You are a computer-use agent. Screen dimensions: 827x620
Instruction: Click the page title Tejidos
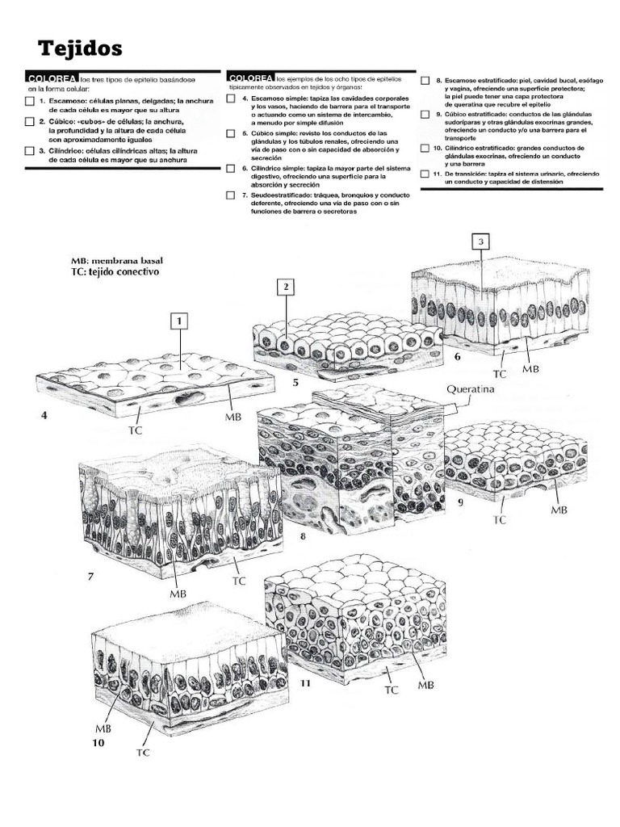(x=73, y=49)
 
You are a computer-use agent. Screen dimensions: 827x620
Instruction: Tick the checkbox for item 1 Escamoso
(x=29, y=101)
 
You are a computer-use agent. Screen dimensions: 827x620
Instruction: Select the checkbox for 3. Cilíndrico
(x=29, y=151)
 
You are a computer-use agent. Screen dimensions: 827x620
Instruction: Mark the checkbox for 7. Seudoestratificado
(x=231, y=195)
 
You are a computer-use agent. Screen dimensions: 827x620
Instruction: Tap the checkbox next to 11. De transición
(x=425, y=174)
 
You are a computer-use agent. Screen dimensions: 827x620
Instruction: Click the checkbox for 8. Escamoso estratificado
(x=425, y=82)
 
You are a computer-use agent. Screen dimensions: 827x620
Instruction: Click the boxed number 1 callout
(x=179, y=321)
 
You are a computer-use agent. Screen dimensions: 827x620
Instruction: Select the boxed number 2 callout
(x=287, y=287)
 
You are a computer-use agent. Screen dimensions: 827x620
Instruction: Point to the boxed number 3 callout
(x=481, y=241)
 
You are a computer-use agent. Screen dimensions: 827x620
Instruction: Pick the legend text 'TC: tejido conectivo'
(x=115, y=273)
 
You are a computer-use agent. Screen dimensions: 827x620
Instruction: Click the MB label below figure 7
(x=178, y=594)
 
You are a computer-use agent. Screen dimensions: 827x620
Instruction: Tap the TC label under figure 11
(x=391, y=690)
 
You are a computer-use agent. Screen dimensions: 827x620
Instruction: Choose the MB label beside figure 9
(x=559, y=510)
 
